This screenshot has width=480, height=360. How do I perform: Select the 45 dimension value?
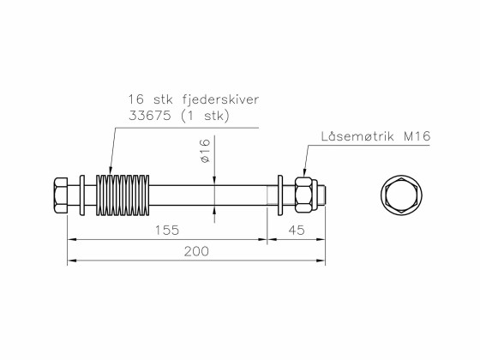(x=297, y=231)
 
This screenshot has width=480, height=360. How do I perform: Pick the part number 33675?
(x=145, y=116)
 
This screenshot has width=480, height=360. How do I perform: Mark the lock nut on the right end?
(x=303, y=195)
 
